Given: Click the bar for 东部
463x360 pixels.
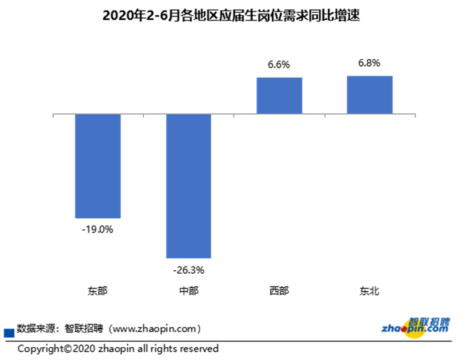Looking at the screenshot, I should (98, 165).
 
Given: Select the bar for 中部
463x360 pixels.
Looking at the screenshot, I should (188, 185).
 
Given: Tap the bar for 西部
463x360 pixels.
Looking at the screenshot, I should (279, 96).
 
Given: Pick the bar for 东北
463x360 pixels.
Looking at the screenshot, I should (370, 94).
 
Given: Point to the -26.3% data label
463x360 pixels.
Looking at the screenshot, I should (188, 269).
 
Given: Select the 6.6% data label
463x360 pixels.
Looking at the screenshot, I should (279, 65).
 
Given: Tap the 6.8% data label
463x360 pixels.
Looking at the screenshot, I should (370, 63).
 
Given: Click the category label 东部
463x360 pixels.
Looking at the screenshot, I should (98, 291).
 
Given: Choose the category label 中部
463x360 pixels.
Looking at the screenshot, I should (188, 291).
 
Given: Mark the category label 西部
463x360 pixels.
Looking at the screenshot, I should (279, 291).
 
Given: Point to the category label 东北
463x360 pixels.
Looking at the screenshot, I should (370, 291).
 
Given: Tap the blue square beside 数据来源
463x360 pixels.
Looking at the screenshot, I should (9, 332).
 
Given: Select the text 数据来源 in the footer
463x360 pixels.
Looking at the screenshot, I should (36, 329).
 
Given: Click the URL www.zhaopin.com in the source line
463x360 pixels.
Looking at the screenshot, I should (153, 329).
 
